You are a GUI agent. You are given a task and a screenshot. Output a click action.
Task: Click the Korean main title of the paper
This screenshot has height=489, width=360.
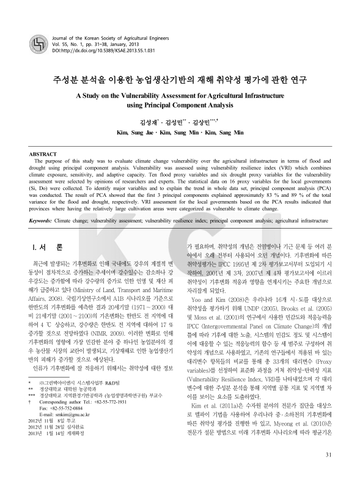click(x=180, y=79)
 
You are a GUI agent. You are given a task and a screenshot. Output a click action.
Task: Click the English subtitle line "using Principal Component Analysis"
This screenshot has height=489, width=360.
click(x=180, y=106)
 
